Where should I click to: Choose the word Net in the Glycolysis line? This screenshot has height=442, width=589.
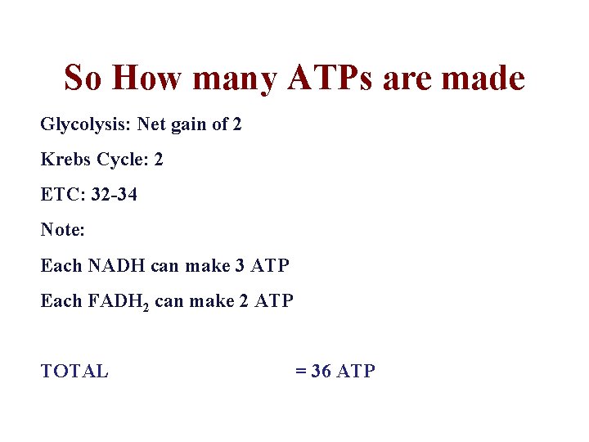151,125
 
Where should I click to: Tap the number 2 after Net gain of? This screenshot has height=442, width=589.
237,125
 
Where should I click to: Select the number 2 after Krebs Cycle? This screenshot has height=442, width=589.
159,160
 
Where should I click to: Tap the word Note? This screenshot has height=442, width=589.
61,231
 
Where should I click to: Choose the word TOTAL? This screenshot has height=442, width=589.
74,372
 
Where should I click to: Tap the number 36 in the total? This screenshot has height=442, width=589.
321,372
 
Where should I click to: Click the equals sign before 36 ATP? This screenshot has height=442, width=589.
299,372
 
